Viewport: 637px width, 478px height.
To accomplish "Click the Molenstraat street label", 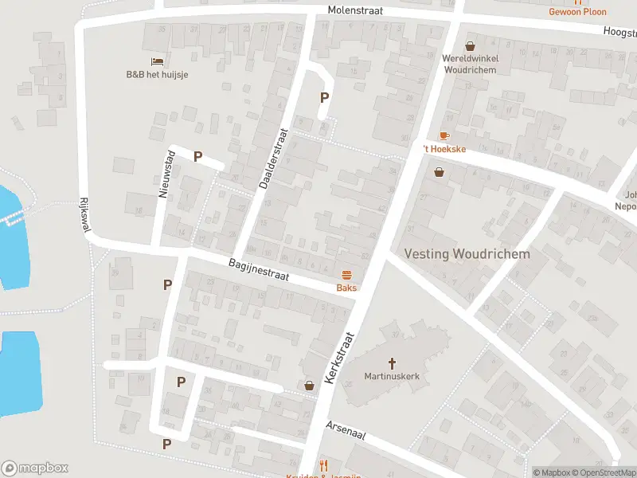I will pos(356,10).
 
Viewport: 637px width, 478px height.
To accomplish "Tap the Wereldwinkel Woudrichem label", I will pos(469,64).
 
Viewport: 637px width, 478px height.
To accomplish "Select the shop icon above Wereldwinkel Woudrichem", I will pos(470,46).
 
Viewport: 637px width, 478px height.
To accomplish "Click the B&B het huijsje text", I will pos(157,75).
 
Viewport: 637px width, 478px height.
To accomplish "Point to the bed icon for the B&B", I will pos(157,61).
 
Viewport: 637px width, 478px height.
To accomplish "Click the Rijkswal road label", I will pos(84,215).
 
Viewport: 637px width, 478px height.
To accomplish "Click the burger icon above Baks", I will pos(346,274).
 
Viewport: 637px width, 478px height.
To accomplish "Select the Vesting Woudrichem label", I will pos(467,254).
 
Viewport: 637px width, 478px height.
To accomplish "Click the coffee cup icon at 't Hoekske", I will pos(444,136).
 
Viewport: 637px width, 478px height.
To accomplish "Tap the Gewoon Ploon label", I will pos(577,11).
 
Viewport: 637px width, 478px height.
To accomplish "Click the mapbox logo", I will pos(35,468).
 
